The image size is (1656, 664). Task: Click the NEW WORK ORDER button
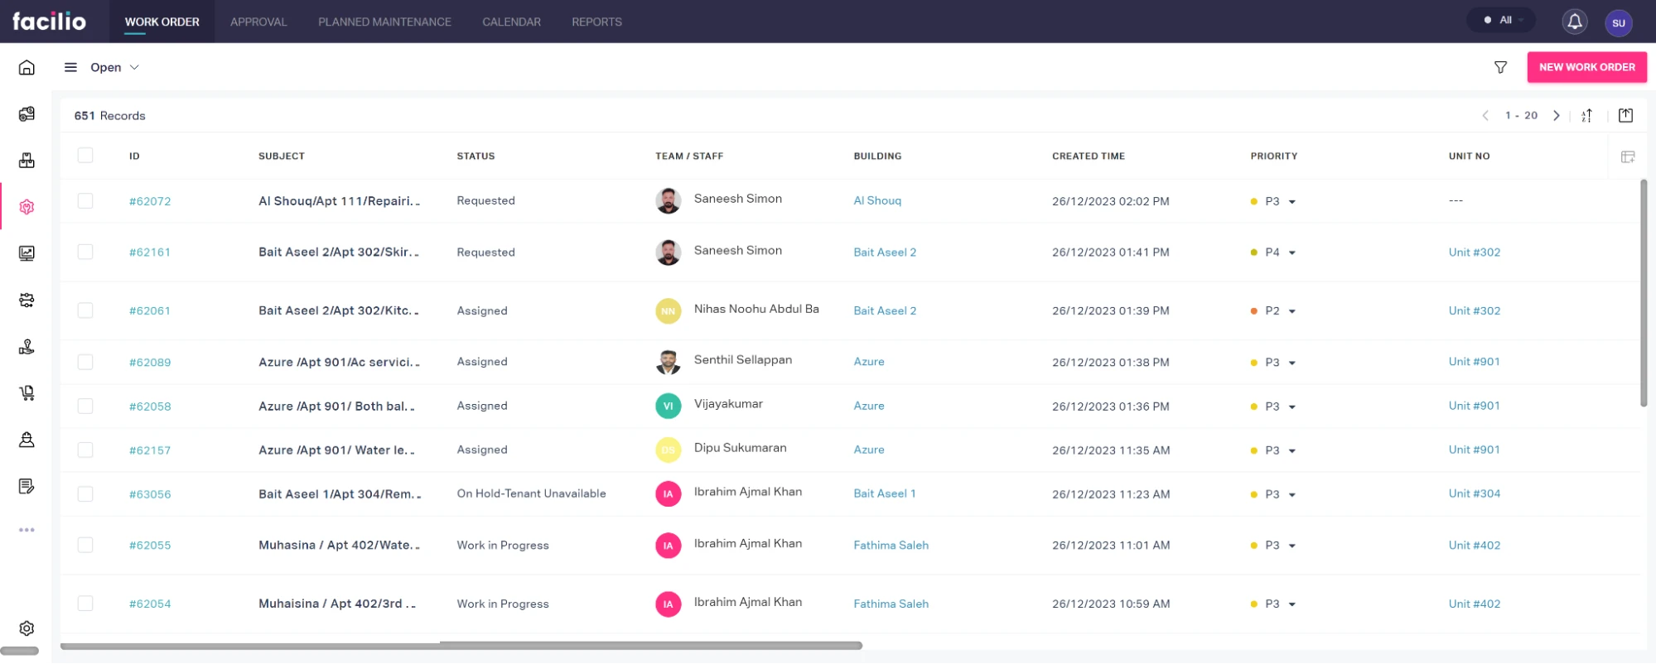[1586, 67]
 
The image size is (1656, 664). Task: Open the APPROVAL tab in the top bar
[258, 22]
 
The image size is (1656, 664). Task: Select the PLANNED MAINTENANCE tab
[384, 22]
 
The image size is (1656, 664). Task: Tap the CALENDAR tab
[511, 22]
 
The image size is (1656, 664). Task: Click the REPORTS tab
[596, 22]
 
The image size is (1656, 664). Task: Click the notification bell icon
[1574, 22]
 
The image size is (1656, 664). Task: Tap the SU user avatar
[1618, 22]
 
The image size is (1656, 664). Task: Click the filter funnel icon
[1500, 67]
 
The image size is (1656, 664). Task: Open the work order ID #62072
[150, 201]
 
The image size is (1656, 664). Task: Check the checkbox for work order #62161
[85, 252]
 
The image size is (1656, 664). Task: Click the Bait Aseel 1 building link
[884, 493]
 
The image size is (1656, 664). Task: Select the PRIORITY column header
[1273, 156]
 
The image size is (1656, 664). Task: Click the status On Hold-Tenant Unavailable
[531, 493]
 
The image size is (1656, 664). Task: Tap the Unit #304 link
[1474, 493]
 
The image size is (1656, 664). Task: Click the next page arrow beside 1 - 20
[1556, 116]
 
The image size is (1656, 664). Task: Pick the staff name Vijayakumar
[728, 404]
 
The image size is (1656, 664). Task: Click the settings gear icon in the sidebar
[27, 628]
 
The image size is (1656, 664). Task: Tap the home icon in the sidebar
[27, 67]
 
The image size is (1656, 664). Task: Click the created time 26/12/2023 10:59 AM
[1110, 604]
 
